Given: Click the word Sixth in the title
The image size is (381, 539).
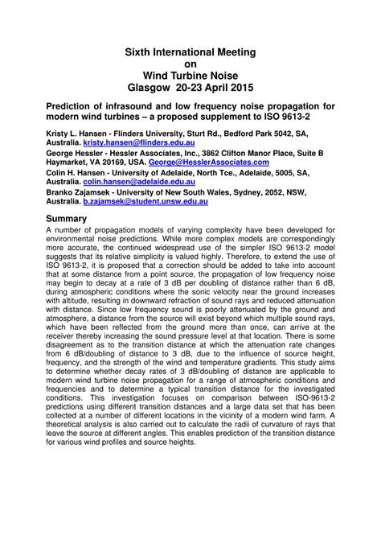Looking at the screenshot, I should (140, 52).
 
